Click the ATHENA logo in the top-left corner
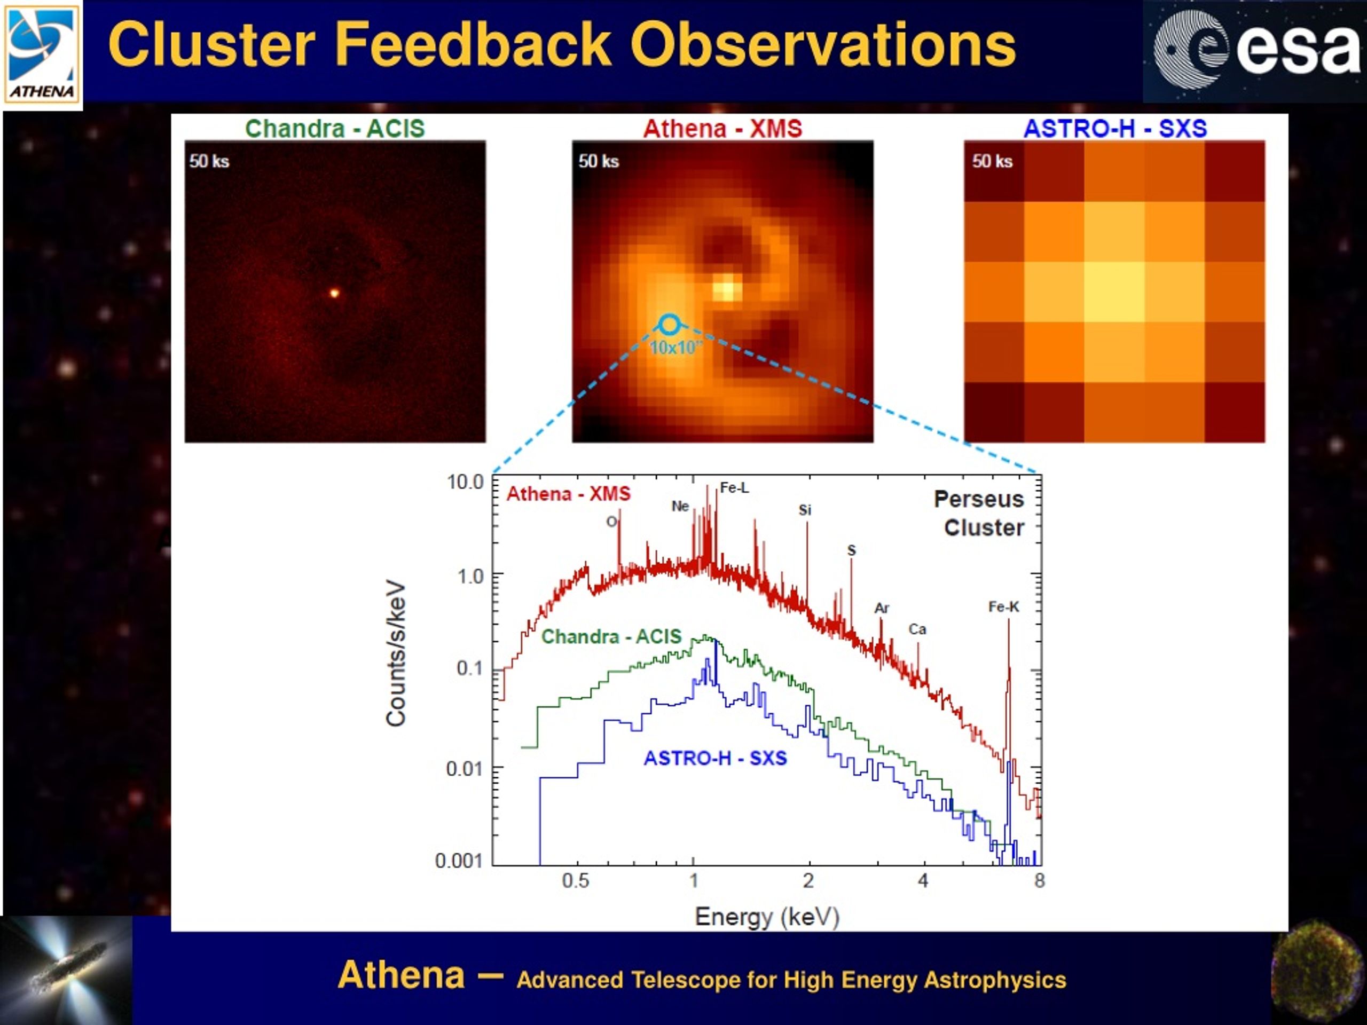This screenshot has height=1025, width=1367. click(x=42, y=54)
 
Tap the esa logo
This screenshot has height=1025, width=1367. click(x=1254, y=51)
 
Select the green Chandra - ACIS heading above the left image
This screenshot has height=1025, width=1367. click(x=335, y=129)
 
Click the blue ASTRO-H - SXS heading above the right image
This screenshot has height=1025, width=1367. click(x=1115, y=129)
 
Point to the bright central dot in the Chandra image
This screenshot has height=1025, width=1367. click(x=334, y=293)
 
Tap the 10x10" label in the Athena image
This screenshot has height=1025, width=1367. click(x=676, y=348)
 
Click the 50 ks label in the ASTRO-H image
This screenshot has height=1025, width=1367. click(x=992, y=161)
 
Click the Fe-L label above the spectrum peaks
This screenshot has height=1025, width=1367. click(x=734, y=488)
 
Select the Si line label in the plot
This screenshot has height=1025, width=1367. click(x=805, y=510)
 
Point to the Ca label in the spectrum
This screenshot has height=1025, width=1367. click(x=917, y=629)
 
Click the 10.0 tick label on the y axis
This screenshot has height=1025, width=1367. click(x=465, y=482)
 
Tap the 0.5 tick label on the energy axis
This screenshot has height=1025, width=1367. click(x=575, y=880)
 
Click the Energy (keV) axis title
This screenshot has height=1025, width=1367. click(x=767, y=917)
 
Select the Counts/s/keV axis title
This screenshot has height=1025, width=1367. click(x=396, y=653)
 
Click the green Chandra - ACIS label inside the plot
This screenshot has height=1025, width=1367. click(x=611, y=636)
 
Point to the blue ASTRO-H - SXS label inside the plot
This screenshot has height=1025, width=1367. click(x=715, y=758)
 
